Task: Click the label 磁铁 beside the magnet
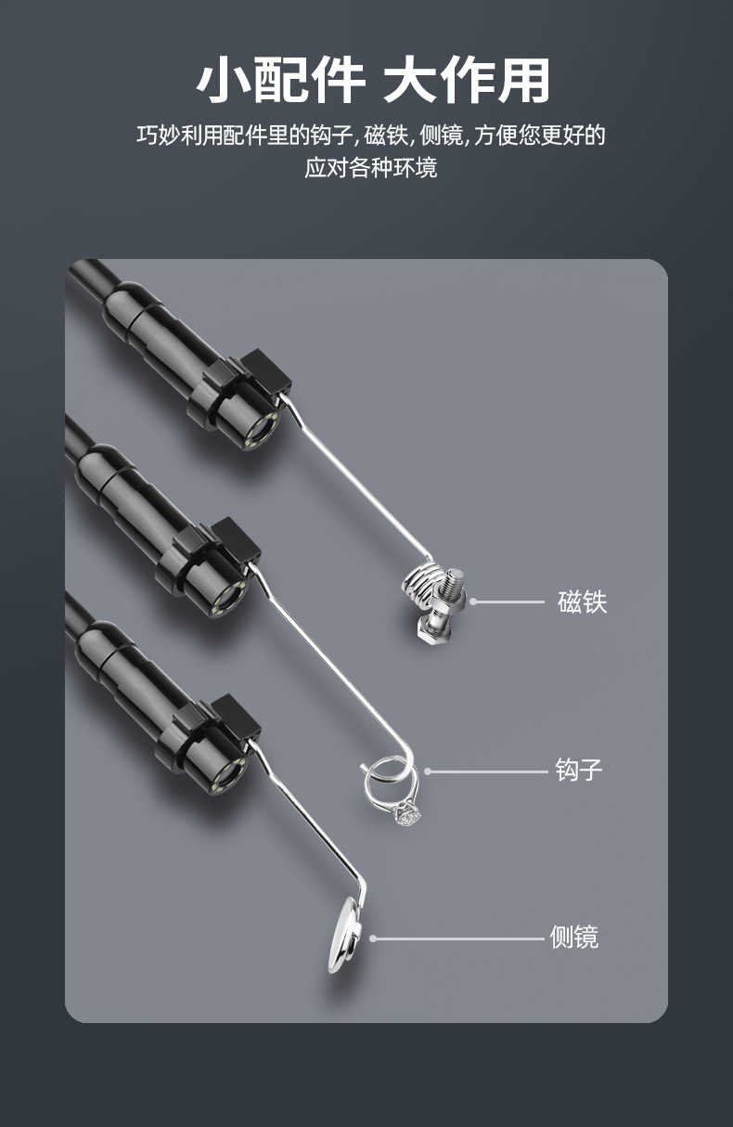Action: point(582,602)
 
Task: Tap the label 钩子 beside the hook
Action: point(579,770)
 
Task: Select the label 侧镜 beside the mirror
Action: point(574,937)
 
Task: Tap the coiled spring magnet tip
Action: point(418,584)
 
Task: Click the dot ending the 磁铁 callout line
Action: point(473,602)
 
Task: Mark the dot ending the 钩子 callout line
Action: point(428,771)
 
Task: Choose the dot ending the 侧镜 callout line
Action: point(373,939)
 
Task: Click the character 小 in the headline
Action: point(224,80)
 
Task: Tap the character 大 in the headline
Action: point(411,80)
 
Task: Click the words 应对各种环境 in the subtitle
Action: point(370,167)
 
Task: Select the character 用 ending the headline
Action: point(523,80)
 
